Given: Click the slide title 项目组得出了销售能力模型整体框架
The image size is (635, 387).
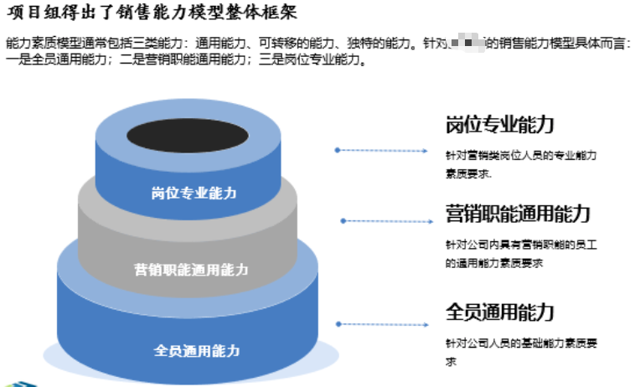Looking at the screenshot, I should coord(151,13).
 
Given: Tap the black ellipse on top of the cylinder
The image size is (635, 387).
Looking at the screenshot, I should coord(187,135).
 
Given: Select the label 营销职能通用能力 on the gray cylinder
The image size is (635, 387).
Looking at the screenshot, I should coord(191,270).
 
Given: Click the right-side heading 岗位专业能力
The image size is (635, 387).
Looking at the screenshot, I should coord(499,125).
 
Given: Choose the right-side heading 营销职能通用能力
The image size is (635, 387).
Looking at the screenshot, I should coord(518,214).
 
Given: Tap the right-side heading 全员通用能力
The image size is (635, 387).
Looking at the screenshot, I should coord(499,312).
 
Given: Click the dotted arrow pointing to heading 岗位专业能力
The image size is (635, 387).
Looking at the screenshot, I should coord(381,151).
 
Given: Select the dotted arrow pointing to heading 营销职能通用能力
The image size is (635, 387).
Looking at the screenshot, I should coord(385,221).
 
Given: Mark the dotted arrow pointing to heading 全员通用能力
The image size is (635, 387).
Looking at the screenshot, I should coord(381,323).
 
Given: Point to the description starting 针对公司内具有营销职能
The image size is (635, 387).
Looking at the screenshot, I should coord(520,254).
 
